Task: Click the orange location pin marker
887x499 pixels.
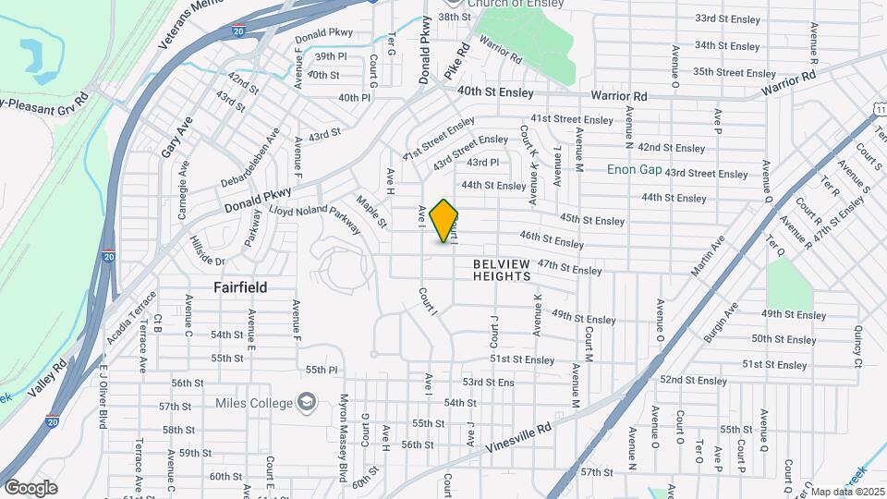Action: (x=444, y=221)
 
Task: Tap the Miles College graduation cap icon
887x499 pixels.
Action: (x=306, y=402)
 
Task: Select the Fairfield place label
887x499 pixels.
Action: (x=240, y=287)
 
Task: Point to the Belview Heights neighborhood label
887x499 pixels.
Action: (x=502, y=270)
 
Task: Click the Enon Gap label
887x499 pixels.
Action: (x=634, y=169)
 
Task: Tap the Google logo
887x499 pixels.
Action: (x=30, y=487)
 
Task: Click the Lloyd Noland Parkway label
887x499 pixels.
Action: (x=314, y=220)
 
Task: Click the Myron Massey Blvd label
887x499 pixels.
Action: (x=343, y=426)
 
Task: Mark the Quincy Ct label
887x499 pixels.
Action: (x=858, y=344)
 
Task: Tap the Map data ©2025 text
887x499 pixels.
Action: (x=844, y=491)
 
